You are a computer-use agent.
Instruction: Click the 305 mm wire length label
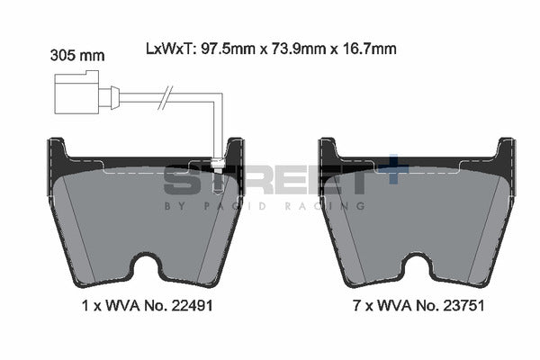pyautogui.click(x=77, y=55)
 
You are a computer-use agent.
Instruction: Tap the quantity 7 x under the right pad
pyautogui.click(x=362, y=306)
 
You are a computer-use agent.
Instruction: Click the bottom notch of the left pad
pyautogui.click(x=147, y=269)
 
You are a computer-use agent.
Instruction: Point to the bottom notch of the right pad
pyautogui.click(x=418, y=269)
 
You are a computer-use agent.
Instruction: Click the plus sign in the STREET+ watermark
pyautogui.click(x=393, y=173)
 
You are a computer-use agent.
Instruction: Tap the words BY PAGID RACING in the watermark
pyautogui.click(x=265, y=206)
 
